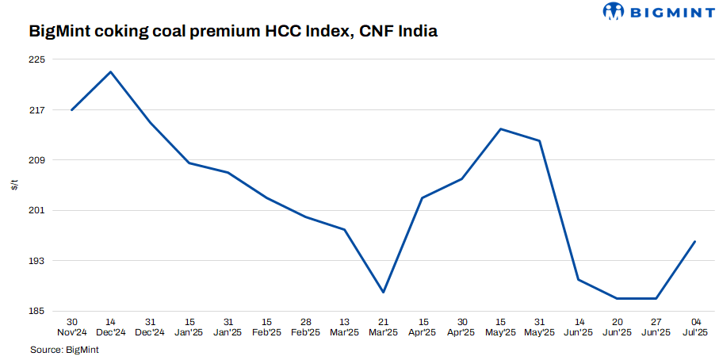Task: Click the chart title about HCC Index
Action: [233, 33]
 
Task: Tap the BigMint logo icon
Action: [614, 11]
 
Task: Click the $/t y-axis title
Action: [14, 185]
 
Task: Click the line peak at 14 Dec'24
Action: [111, 72]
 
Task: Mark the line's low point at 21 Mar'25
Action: [384, 293]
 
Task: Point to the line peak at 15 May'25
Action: [500, 128]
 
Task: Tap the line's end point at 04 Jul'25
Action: [695, 241]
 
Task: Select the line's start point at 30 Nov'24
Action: [72, 109]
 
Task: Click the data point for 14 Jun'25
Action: [579, 279]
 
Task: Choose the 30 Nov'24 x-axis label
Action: [72, 327]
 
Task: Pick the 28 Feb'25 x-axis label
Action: [306, 327]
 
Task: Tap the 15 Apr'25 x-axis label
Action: [423, 327]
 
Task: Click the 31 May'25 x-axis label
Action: [539, 327]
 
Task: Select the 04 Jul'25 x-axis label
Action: [695, 327]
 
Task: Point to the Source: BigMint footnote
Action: [66, 349]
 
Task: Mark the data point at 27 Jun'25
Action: [656, 298]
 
